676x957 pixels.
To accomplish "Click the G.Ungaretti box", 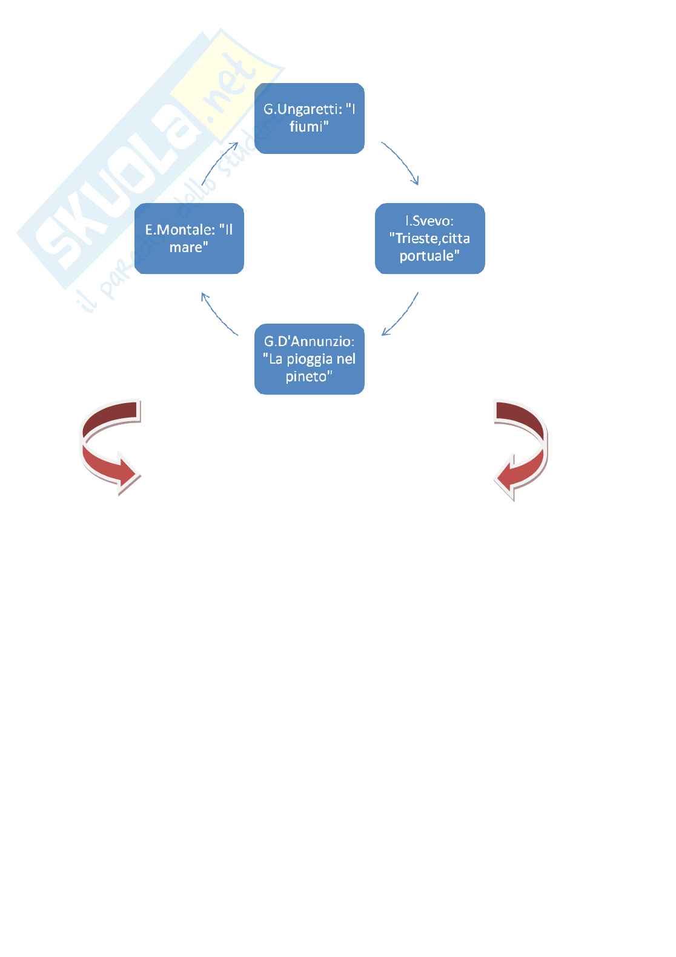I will pos(309,118).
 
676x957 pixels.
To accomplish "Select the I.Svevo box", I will pos(429,238).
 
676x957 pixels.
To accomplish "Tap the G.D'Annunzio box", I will pos(309,359).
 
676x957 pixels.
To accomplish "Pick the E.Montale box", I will pos(189,238).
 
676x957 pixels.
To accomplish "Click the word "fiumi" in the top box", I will pos(309,127).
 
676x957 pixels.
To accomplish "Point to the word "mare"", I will pos(186,247).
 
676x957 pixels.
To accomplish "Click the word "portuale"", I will pos(429,256).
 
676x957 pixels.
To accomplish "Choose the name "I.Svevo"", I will pos(429,221).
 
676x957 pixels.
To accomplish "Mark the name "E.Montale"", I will pos(179,230).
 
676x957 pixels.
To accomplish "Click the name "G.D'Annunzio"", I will pos(309,342).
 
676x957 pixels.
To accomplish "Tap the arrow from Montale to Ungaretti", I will pos(218,162).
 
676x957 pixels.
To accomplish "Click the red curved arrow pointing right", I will pos(109,448).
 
